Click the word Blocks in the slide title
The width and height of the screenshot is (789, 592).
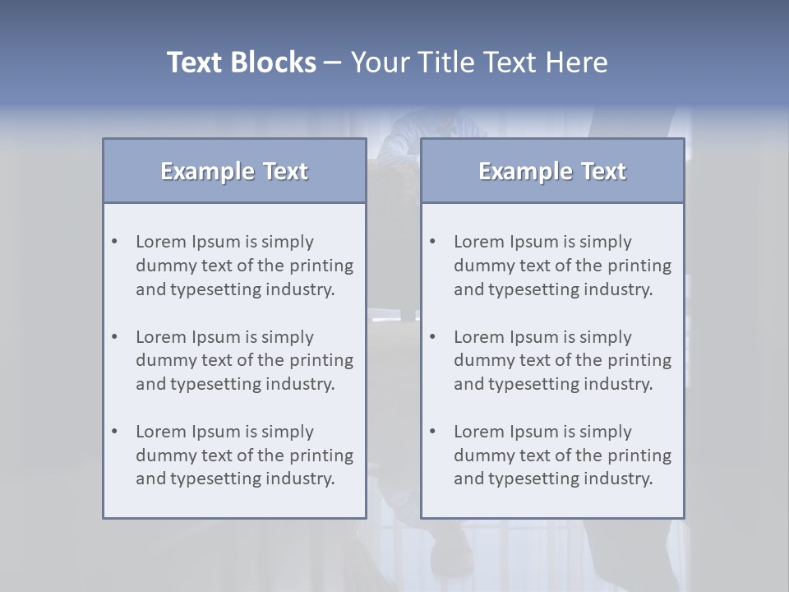[x=274, y=62]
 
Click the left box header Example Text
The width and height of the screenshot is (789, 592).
[x=234, y=171]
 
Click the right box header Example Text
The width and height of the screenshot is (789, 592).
[x=552, y=171]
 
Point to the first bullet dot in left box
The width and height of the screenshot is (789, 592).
[x=115, y=242]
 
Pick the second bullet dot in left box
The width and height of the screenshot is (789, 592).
[x=115, y=337]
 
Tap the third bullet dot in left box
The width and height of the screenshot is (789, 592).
[x=115, y=432]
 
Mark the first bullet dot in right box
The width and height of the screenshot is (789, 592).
[x=433, y=242]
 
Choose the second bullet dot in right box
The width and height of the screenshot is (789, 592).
[x=433, y=337]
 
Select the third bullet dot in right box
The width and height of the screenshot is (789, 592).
[x=433, y=432]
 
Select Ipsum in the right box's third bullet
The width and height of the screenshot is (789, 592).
[x=534, y=432]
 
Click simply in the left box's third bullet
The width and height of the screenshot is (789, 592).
[x=288, y=432]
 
